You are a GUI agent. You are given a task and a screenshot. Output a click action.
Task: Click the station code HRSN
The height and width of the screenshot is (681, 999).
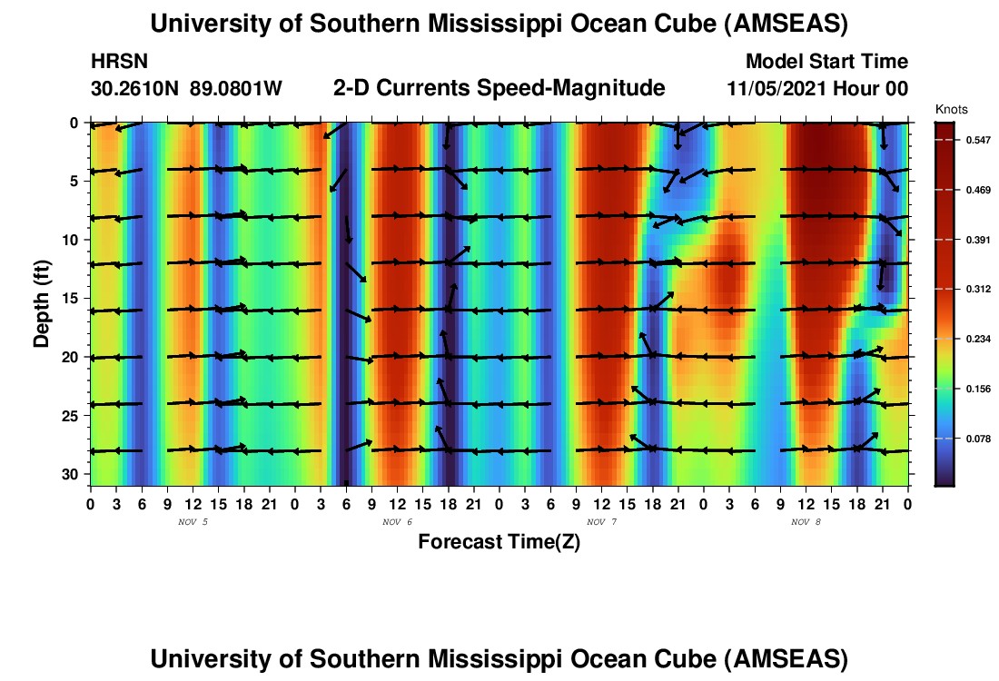coord(120,62)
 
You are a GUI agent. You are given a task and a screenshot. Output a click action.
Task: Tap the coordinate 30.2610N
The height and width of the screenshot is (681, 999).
coord(135,89)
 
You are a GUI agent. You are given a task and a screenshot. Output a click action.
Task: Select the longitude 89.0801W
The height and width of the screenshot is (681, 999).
coord(236,89)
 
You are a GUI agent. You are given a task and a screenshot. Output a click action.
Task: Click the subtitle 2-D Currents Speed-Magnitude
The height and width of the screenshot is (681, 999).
coord(499,88)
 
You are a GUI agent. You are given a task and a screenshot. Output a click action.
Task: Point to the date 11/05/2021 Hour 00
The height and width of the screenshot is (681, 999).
coord(817,89)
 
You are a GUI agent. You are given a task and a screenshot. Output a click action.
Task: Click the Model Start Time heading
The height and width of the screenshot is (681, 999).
coord(826,62)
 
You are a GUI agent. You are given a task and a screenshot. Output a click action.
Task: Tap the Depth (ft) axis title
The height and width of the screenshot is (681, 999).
coord(42,299)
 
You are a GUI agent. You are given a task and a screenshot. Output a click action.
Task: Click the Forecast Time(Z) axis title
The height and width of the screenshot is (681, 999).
coord(499,542)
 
